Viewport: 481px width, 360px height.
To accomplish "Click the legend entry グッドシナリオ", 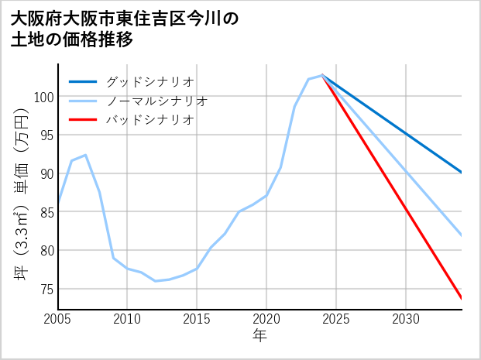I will [149, 81].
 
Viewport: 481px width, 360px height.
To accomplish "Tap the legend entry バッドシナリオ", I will [149, 120].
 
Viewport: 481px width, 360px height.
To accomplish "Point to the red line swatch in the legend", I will [84, 120].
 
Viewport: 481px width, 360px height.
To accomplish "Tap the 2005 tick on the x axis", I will [58, 319].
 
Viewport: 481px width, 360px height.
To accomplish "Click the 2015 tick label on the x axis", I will [197, 319].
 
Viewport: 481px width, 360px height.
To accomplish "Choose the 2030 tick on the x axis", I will [406, 319].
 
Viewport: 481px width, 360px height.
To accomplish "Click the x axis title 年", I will [259, 336].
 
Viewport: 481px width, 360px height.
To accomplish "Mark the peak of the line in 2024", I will [322, 75].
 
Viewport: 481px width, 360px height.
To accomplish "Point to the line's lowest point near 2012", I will [155, 281].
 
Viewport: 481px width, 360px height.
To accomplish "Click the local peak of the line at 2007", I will [85, 155].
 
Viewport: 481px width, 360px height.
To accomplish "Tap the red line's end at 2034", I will [462, 299].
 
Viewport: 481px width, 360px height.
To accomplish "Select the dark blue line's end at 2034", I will [462, 173].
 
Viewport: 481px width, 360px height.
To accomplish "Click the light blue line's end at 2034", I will [462, 235].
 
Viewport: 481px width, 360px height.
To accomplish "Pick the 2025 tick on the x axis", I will [336, 319].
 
